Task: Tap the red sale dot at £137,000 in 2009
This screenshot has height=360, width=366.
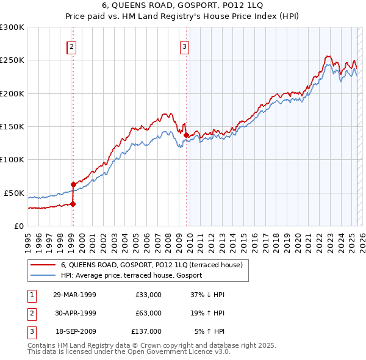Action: [x=186, y=135]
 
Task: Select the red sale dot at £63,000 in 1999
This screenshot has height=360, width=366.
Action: [x=73, y=184]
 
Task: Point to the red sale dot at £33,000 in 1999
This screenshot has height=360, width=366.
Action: [x=73, y=204]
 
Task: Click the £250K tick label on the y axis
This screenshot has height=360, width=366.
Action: [x=12, y=60]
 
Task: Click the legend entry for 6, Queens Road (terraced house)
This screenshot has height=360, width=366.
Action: [x=152, y=265]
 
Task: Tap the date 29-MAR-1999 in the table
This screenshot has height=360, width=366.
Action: [x=74, y=295]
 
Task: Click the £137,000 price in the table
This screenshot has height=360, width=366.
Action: [x=146, y=331]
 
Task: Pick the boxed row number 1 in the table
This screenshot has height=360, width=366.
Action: [x=30, y=295]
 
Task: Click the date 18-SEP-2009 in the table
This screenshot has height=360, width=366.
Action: [x=74, y=331]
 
